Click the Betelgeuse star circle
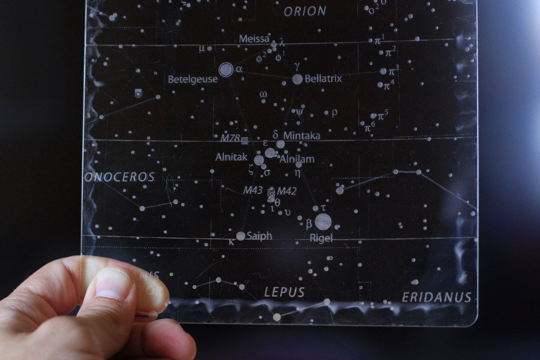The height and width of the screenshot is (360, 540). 226,70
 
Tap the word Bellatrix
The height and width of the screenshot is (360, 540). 323,78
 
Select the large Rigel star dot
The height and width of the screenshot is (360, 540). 323,222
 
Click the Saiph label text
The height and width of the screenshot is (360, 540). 259,236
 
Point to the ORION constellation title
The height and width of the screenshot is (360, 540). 305,11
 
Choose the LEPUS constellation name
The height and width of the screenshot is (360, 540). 284,292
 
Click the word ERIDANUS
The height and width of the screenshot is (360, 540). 436,297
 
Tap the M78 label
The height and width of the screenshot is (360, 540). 230,138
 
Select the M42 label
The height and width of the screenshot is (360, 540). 287,191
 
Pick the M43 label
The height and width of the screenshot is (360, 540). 253,190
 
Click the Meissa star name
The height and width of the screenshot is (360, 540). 254,39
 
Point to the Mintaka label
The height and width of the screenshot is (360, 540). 302,135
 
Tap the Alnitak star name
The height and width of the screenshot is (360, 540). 231,157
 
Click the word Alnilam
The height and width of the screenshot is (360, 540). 297,159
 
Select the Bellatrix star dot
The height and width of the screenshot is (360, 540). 297,79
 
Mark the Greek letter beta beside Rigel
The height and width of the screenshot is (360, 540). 309,224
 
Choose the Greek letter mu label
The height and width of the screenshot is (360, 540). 202,48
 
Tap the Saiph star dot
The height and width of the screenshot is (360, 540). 240,236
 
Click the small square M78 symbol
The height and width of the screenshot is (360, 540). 245,141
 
